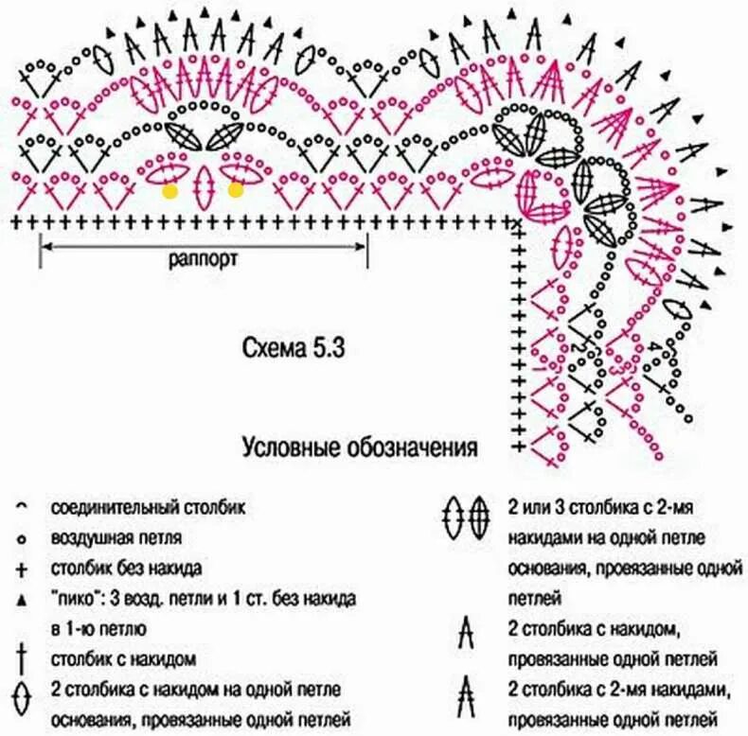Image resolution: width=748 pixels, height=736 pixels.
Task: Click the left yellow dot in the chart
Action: [x=170, y=190]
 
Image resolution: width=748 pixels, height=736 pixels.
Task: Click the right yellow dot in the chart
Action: [x=236, y=190]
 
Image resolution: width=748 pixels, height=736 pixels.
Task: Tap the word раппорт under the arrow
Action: [x=203, y=259]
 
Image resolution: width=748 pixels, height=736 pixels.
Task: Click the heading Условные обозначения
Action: [x=359, y=446]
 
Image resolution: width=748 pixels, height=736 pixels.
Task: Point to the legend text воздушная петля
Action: [x=117, y=538]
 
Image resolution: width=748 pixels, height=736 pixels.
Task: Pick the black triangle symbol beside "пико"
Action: [x=21, y=600]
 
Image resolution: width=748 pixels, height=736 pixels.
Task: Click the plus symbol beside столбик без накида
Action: [x=21, y=570]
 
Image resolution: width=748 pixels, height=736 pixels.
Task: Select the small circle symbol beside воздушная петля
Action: [x=21, y=539]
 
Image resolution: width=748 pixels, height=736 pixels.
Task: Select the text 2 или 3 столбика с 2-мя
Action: [x=601, y=508]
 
